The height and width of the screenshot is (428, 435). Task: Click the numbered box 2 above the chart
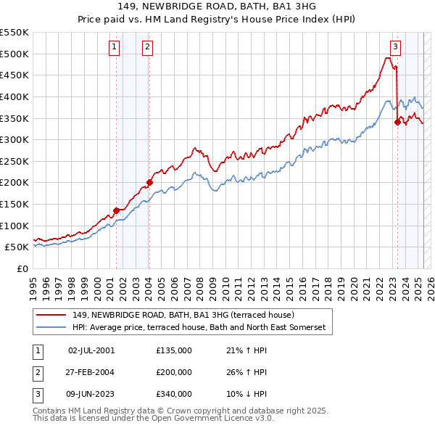click(147, 48)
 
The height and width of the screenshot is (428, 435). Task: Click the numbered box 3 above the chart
click(395, 48)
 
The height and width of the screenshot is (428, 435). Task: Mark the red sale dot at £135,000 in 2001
click(116, 210)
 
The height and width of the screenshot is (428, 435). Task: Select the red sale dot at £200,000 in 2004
click(149, 182)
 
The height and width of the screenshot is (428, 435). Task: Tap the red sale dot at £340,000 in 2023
click(397, 122)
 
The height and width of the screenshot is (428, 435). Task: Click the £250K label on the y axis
click(14, 161)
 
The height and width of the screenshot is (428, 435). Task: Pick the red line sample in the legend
click(53, 316)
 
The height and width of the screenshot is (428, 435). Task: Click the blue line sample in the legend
click(53, 327)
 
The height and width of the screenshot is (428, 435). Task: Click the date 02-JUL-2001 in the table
click(91, 350)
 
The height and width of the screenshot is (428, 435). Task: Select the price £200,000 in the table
click(174, 372)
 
